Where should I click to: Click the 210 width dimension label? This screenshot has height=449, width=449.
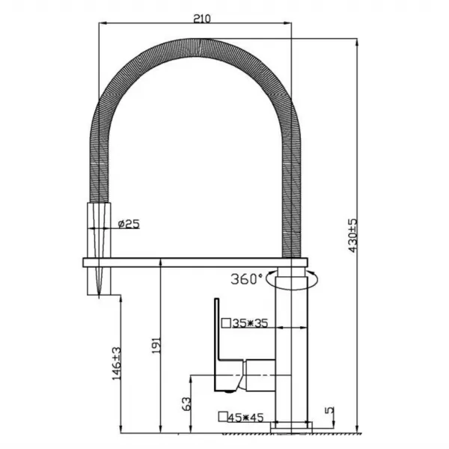(x=202, y=19)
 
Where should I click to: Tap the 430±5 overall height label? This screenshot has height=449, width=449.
(x=353, y=236)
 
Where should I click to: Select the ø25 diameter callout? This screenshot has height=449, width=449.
(x=129, y=224)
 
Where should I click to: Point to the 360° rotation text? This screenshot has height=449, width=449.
(x=246, y=279)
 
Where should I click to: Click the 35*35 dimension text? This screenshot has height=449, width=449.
(x=250, y=323)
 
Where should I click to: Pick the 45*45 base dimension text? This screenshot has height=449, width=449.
(x=245, y=418)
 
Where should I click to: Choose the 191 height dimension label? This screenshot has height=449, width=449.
(x=156, y=345)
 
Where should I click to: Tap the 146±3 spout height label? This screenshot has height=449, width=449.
(x=117, y=364)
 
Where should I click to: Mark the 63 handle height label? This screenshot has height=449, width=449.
(x=186, y=403)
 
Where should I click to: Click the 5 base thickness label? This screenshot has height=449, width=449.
(x=330, y=410)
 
